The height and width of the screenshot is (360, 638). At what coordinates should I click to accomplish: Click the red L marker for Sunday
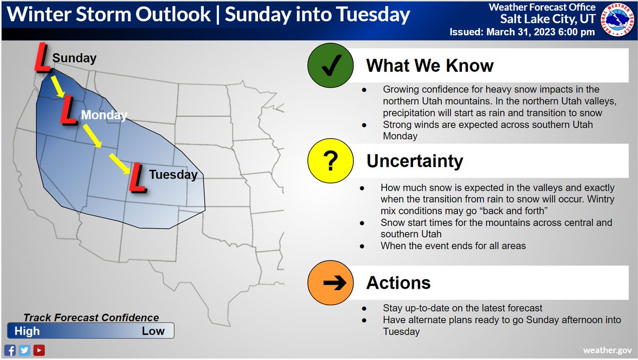pyautogui.click(x=43, y=58)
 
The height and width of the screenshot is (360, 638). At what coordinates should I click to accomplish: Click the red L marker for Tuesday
pyautogui.click(x=138, y=178)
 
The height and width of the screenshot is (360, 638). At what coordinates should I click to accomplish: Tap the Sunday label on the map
pyautogui.click(x=74, y=58)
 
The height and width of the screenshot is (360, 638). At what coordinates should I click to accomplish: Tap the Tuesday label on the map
pyautogui.click(x=173, y=174)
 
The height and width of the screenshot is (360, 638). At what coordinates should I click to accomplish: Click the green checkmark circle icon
pyautogui.click(x=330, y=66)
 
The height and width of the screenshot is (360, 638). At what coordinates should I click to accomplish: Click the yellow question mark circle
pyautogui.click(x=330, y=162)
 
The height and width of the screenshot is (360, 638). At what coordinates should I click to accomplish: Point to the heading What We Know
pyautogui.click(x=430, y=66)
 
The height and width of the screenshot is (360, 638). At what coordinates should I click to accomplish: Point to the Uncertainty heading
pyautogui.click(x=415, y=161)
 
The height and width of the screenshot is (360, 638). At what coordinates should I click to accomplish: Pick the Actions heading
pyautogui.click(x=398, y=282)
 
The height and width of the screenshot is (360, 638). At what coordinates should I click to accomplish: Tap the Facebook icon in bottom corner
pyautogui.click(x=10, y=350)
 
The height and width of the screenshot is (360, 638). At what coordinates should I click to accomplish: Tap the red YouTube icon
pyautogui.click(x=38, y=350)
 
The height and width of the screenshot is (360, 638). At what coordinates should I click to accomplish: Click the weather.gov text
pyautogui.click(x=607, y=350)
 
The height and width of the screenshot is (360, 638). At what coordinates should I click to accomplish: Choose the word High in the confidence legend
pyautogui.click(x=27, y=331)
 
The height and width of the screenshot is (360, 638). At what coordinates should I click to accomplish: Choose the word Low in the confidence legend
pyautogui.click(x=153, y=331)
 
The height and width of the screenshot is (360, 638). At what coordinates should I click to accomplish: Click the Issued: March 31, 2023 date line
pyautogui.click(x=522, y=32)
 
